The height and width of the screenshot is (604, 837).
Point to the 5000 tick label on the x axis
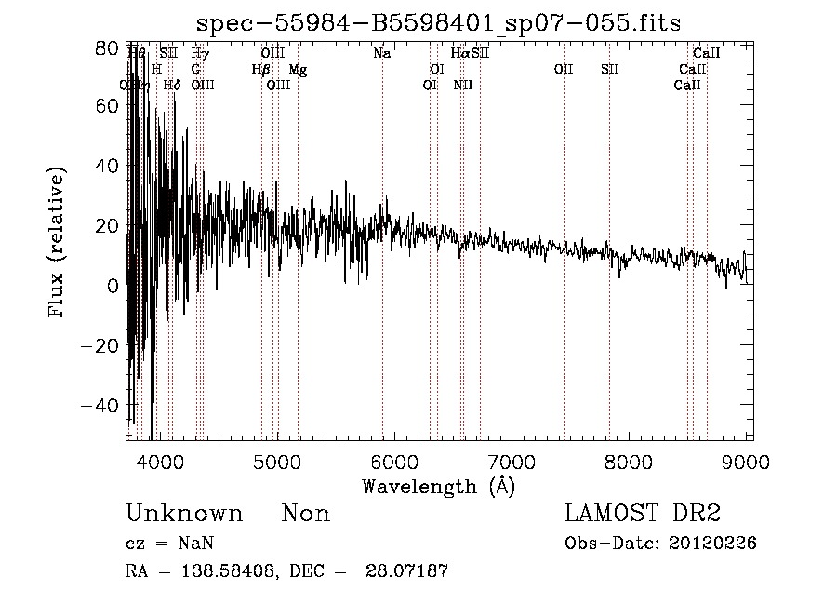pyautogui.click(x=277, y=463)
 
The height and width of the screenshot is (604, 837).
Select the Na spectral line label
pyautogui.click(x=381, y=54)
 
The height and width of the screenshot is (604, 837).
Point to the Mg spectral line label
pyautogui.click(x=298, y=70)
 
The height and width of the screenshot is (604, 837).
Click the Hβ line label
pyautogui.click(x=261, y=70)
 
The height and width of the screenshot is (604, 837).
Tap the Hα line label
pyautogui.click(x=459, y=54)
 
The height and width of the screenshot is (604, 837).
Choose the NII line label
pyautogui.click(x=463, y=86)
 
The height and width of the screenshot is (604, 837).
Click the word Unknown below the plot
pyautogui.click(x=184, y=514)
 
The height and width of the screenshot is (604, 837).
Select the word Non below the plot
pyautogui.click(x=306, y=514)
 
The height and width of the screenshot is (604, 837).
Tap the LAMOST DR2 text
pyautogui.click(x=643, y=514)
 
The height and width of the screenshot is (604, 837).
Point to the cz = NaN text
pyautogui.click(x=172, y=544)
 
